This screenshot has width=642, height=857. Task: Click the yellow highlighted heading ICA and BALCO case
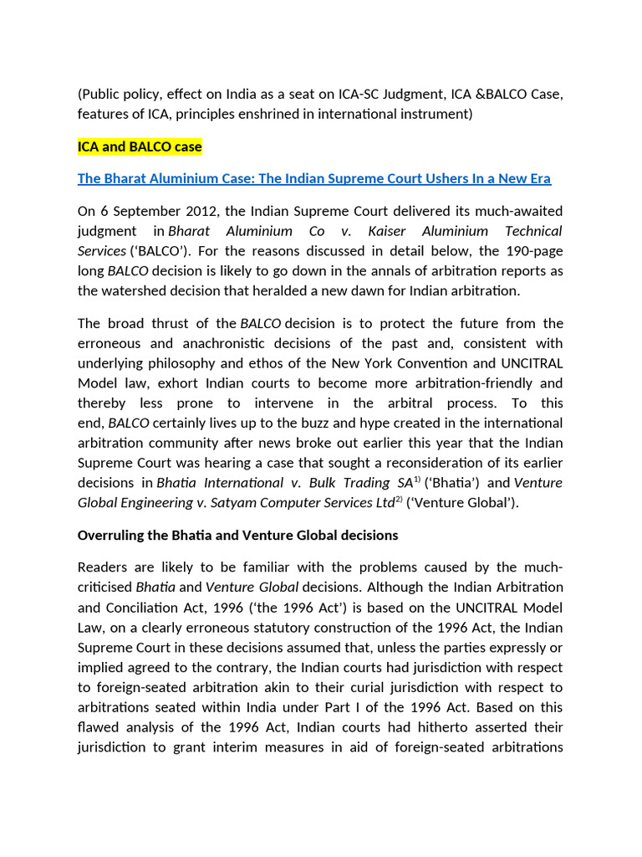tap(140, 146)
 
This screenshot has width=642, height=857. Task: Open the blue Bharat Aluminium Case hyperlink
tap(314, 178)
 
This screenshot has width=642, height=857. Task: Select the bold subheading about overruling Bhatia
tap(237, 534)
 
